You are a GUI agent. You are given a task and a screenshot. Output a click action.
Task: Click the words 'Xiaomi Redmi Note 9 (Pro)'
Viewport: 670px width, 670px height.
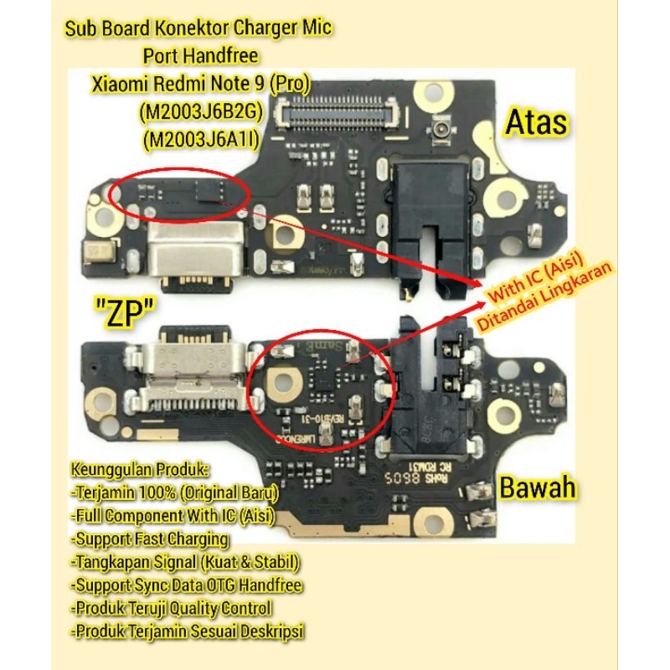point(200,84)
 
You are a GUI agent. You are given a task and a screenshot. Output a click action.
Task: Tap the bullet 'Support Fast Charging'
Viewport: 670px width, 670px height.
point(150,539)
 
